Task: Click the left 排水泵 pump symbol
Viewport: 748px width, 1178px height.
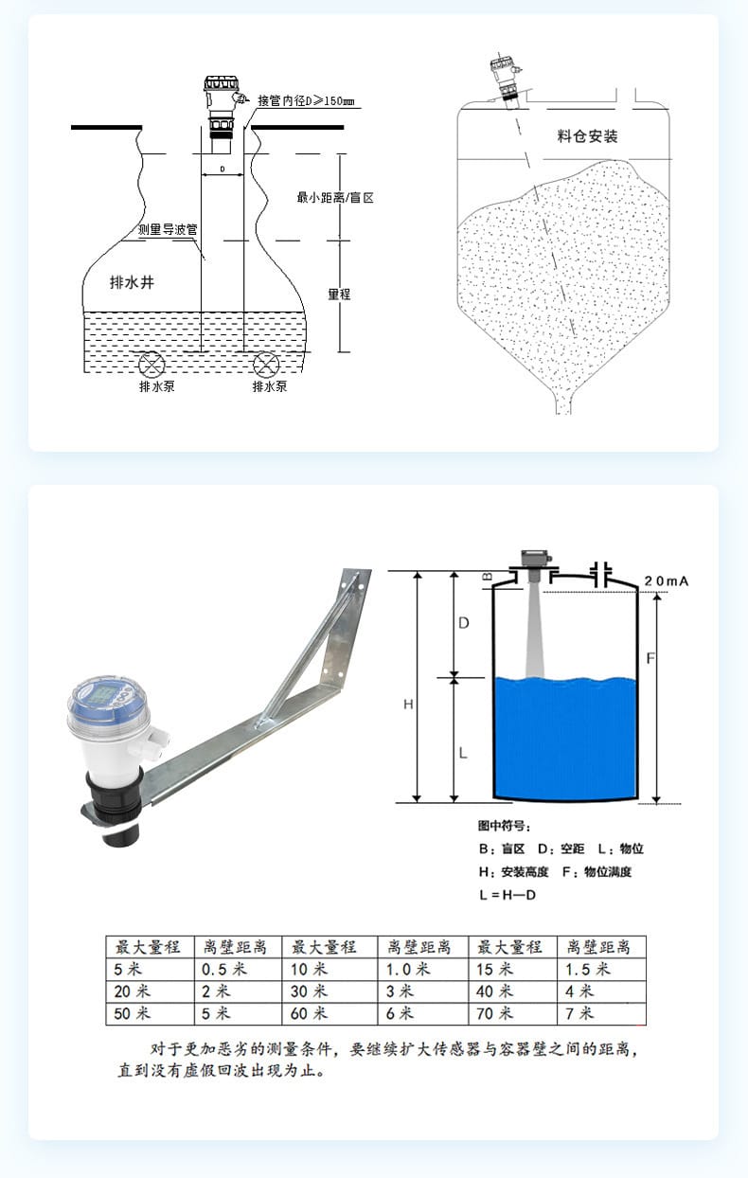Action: [151, 365]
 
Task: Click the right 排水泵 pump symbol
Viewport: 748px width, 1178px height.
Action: [266, 365]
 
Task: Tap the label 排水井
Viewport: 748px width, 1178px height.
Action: [132, 282]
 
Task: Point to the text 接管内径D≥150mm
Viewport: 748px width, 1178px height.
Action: [306, 101]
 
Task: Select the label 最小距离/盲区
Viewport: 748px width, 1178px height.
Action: [335, 198]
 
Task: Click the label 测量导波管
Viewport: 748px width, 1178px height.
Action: [168, 229]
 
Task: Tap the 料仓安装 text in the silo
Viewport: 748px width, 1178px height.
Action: [587, 136]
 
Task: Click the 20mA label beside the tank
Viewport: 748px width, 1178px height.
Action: [666, 581]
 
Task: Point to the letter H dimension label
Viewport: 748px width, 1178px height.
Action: [408, 705]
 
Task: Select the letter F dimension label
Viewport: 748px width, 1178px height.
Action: [650, 658]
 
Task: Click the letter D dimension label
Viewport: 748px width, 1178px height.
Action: [464, 623]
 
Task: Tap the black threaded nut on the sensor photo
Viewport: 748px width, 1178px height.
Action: [113, 800]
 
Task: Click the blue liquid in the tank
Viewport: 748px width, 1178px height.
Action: [565, 738]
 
